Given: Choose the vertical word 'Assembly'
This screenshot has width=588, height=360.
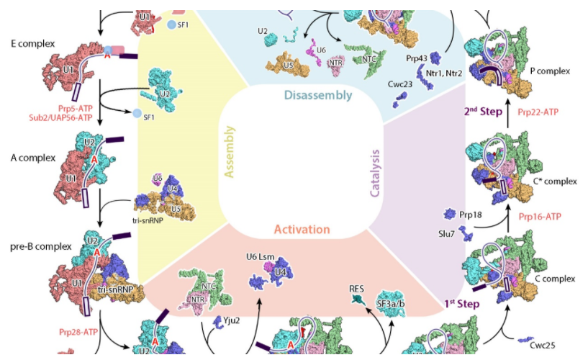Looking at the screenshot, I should click(x=230, y=155).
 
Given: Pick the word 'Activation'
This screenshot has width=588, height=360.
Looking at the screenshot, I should click(x=302, y=230).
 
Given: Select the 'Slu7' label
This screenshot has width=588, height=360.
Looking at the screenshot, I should click(x=447, y=233).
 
